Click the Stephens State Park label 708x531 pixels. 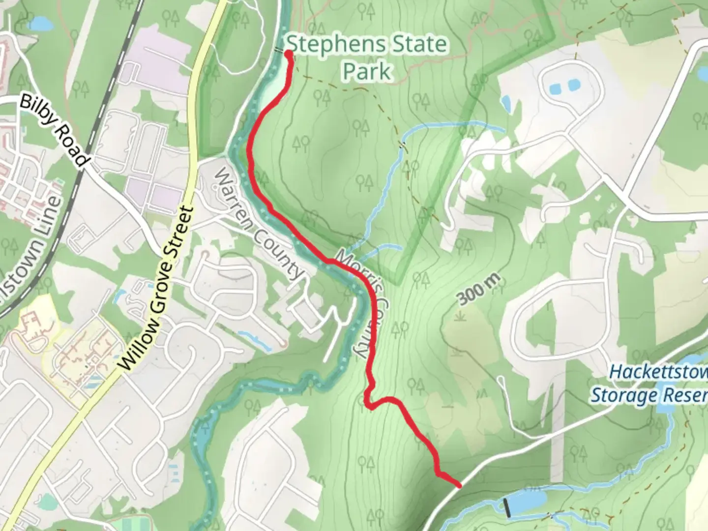pyautogui.click(x=367, y=58)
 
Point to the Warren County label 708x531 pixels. pyautogui.click(x=258, y=224)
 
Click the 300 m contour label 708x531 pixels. pyautogui.click(x=478, y=289)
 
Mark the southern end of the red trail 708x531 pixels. pyautogui.click(x=459, y=486)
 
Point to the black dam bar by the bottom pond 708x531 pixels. pyautogui.click(x=507, y=507)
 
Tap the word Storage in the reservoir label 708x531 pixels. pyautogui.click(x=620, y=395)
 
